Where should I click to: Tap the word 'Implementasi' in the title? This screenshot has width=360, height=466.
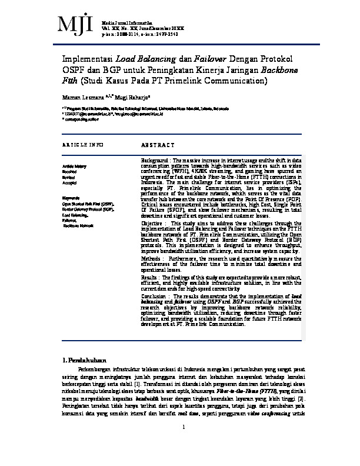87,59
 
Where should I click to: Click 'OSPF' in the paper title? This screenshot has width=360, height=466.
74,71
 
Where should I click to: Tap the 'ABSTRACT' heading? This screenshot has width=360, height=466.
158,145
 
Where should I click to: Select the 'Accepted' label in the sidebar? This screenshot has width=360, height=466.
71,184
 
